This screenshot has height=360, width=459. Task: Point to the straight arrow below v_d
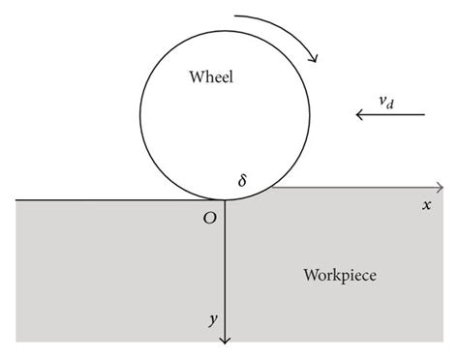pyautogui.click(x=390, y=115)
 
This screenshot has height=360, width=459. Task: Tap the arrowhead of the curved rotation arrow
pyautogui.click(x=314, y=56)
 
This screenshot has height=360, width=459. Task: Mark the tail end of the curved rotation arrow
pyautogui.click(x=235, y=17)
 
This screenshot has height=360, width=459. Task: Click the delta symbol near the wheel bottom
pyautogui.click(x=242, y=180)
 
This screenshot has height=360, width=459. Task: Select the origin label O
pyautogui.click(x=209, y=219)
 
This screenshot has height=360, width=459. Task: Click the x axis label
pyautogui.click(x=425, y=205)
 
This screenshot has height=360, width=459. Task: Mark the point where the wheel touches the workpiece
pyautogui.click(x=225, y=199)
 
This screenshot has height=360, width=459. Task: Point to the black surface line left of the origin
pyautogui.click(x=116, y=199)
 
